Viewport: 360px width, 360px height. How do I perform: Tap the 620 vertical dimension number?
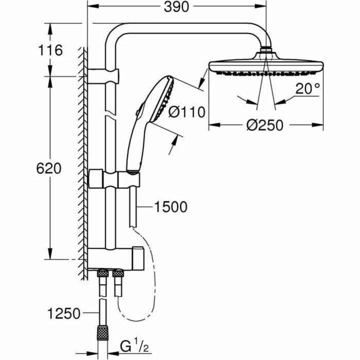click(x=49, y=168)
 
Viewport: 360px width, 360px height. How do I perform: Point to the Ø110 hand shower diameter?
click(x=187, y=112)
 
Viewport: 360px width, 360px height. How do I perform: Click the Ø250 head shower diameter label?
click(x=264, y=125)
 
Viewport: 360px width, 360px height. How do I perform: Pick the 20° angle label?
click(x=306, y=89)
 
